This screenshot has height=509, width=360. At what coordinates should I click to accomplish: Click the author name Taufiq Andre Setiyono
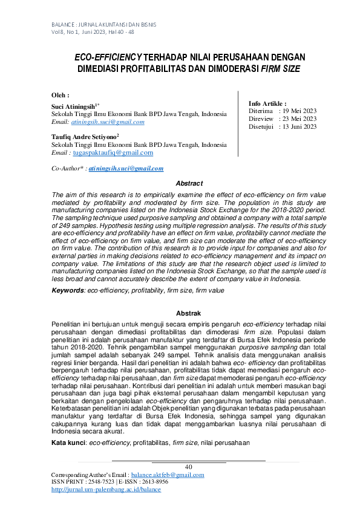(85, 137)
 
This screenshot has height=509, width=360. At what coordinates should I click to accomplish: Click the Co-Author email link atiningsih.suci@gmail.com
(126, 169)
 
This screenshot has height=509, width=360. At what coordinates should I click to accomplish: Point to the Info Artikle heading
(267, 104)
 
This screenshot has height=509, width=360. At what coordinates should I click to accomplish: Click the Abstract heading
(189, 183)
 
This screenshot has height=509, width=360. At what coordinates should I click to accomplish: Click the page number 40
(188, 466)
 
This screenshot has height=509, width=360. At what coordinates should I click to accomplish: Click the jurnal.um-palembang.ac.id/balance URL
(106, 489)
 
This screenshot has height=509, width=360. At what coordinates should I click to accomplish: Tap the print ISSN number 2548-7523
(99, 482)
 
